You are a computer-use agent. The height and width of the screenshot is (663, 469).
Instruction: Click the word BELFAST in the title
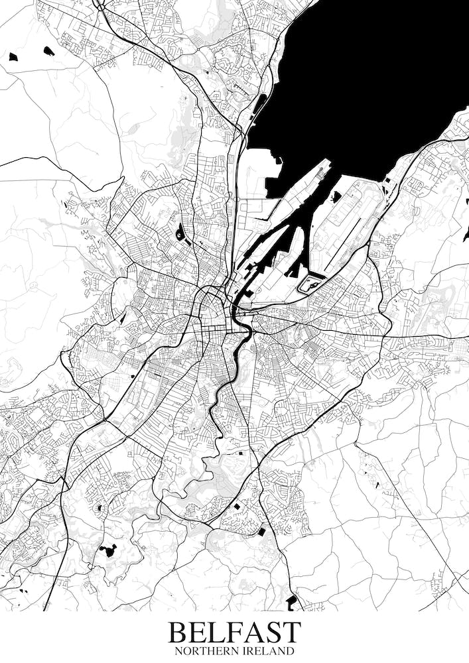[x=234, y=633]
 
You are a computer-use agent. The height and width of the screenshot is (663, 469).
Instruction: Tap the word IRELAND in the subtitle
[x=268, y=652]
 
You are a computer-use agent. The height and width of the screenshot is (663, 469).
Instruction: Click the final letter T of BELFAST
[x=291, y=633]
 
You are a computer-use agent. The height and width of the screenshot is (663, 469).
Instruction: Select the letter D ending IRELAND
[x=289, y=652]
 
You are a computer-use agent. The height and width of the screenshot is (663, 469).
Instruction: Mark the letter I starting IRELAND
[x=245, y=652]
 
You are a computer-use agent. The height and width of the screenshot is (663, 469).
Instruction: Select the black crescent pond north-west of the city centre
[x=180, y=232]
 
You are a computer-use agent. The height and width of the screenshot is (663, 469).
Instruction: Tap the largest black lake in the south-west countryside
[x=107, y=550]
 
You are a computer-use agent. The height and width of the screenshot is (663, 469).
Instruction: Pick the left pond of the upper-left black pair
[x=13, y=57]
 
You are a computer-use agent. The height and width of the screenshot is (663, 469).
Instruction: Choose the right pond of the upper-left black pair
[x=48, y=50]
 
